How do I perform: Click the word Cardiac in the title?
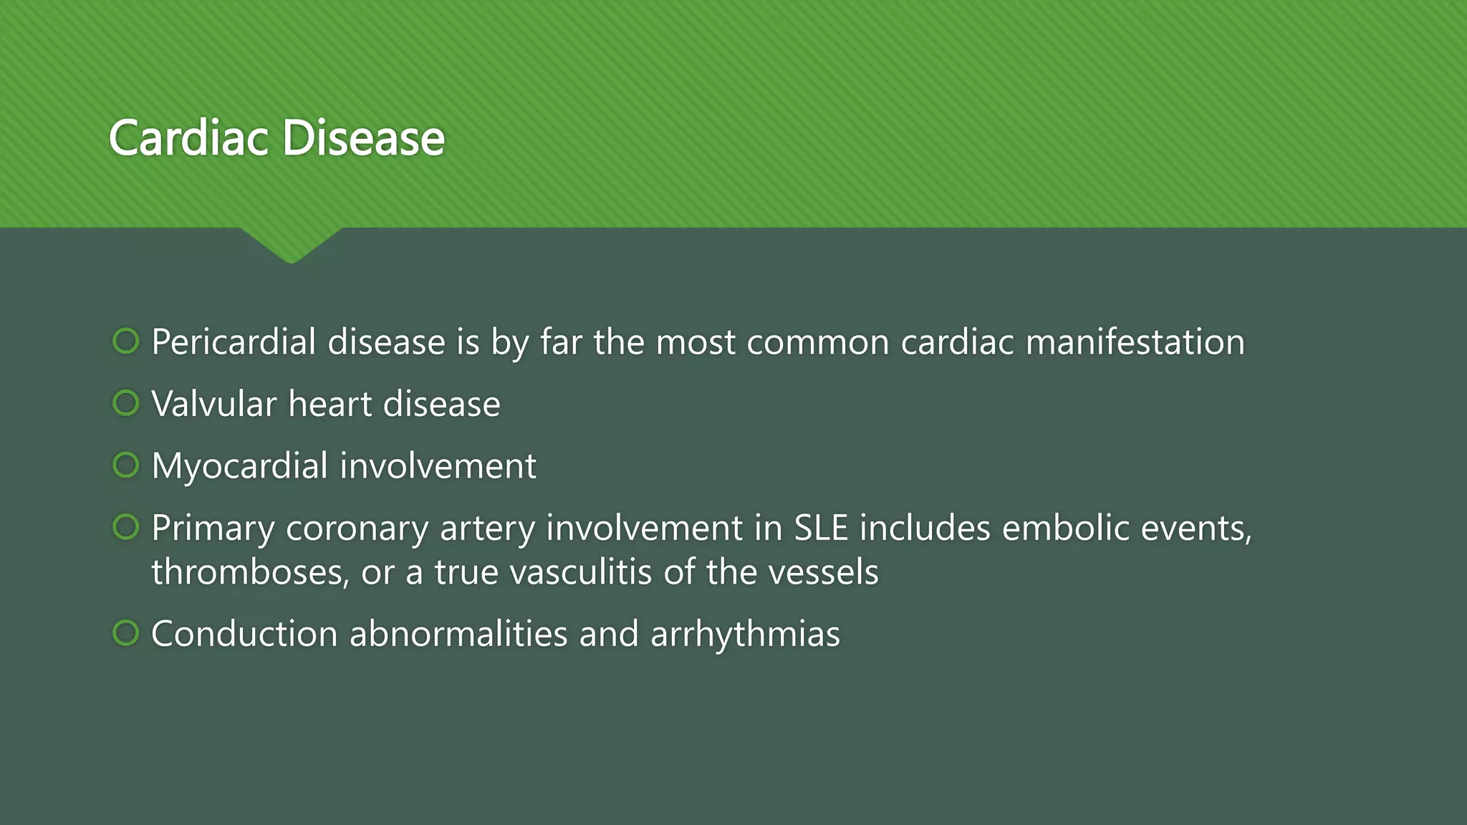pyautogui.click(x=189, y=137)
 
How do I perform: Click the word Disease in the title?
pyautogui.click(x=364, y=137)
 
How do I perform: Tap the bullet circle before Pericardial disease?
pyautogui.click(x=126, y=341)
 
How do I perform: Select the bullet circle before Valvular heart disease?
pyautogui.click(x=126, y=403)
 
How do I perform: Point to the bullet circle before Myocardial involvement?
pyautogui.click(x=126, y=465)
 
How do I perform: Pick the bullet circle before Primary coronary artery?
pyautogui.click(x=126, y=528)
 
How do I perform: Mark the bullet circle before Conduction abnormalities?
pyautogui.click(x=126, y=633)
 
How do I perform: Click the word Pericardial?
pyautogui.click(x=234, y=342)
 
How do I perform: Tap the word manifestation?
pyautogui.click(x=1135, y=342)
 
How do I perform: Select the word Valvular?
pyautogui.click(x=214, y=405)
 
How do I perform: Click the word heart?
pyautogui.click(x=330, y=405)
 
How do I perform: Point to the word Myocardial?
pyautogui.click(x=240, y=466)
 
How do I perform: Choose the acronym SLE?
pyautogui.click(x=821, y=529)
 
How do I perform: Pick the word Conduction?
pyautogui.click(x=244, y=635)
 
